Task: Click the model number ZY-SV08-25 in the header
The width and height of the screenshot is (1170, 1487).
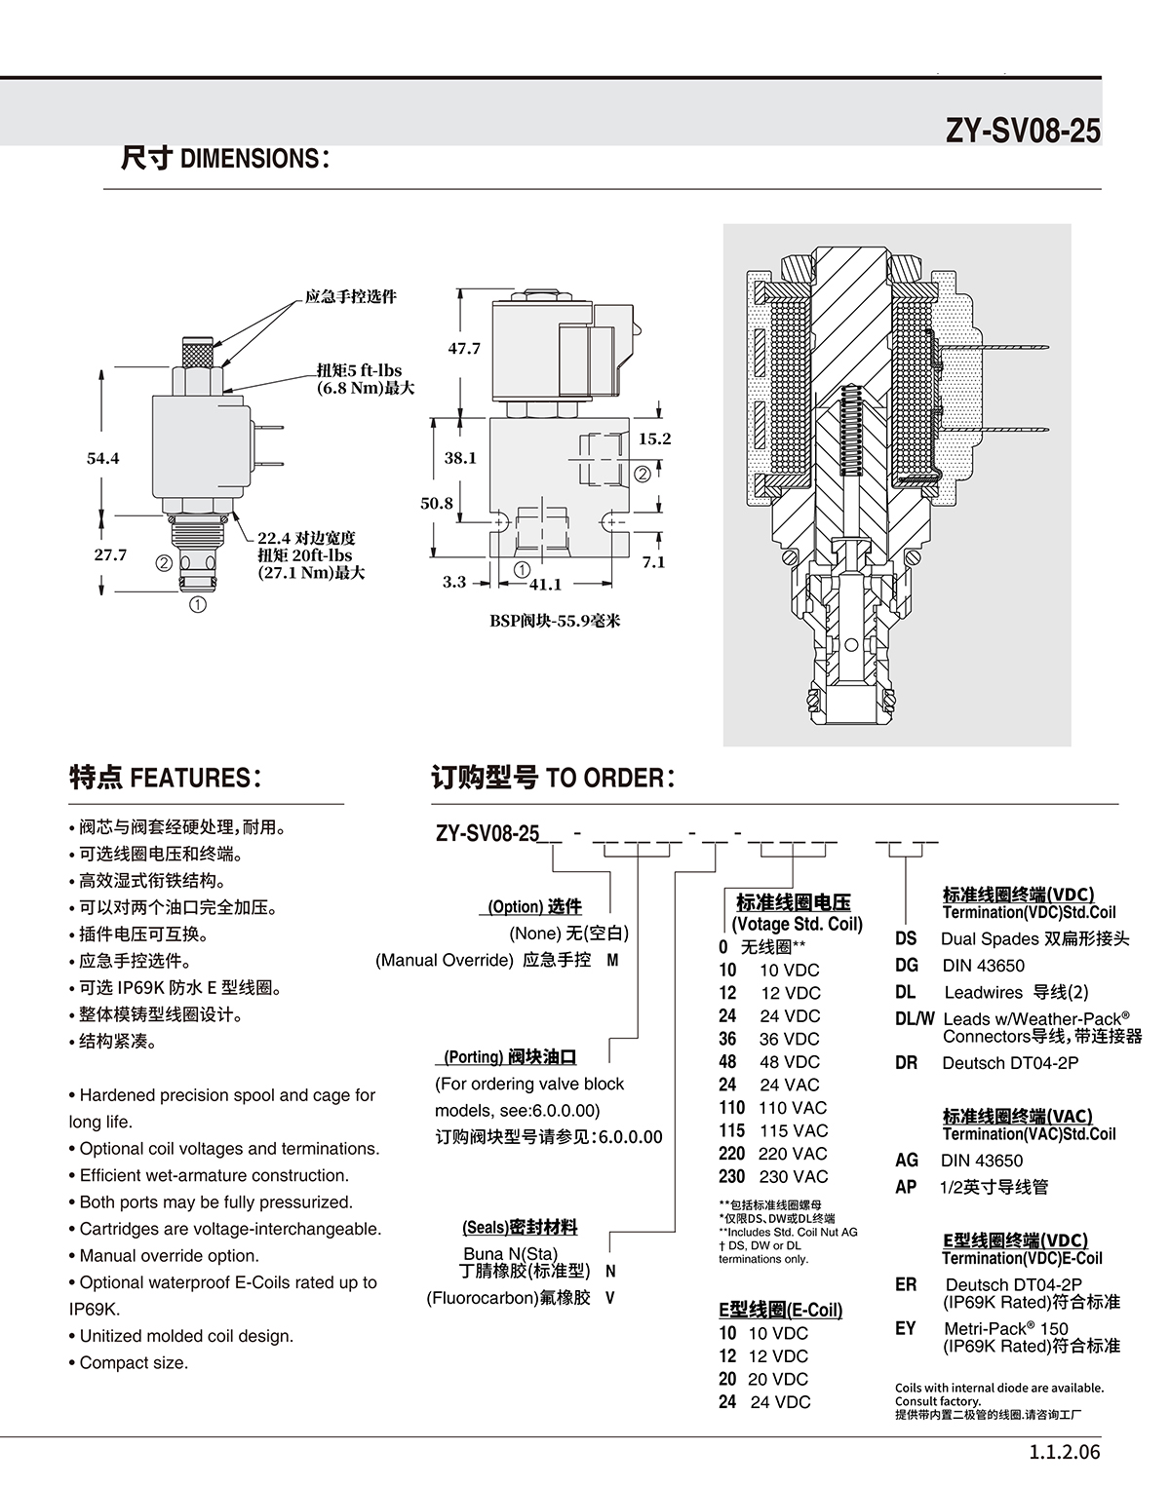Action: tap(1023, 130)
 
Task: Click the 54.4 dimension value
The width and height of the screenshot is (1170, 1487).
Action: tap(103, 458)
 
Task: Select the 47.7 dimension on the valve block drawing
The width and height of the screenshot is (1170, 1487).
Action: tap(464, 348)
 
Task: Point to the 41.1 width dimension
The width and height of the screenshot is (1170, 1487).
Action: tap(546, 585)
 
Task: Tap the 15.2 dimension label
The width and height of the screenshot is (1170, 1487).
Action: tap(655, 438)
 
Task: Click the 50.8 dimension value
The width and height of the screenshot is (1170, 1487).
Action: tap(437, 503)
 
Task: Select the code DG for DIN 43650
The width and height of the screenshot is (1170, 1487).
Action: tap(907, 966)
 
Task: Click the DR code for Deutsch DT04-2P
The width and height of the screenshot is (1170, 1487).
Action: tap(907, 1063)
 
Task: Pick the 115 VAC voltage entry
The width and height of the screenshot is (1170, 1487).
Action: tap(773, 1130)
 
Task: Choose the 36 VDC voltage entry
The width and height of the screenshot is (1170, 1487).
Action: tap(769, 1039)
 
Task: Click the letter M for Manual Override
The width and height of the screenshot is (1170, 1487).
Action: tap(612, 960)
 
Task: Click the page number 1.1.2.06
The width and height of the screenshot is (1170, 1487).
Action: tap(1064, 1452)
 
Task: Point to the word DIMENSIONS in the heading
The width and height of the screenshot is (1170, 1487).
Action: tap(250, 159)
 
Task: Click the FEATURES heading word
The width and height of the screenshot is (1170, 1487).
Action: tap(189, 778)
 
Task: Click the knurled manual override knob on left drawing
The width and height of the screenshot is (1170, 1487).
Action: tap(198, 353)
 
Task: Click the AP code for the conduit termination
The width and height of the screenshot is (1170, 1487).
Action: tap(906, 1187)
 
